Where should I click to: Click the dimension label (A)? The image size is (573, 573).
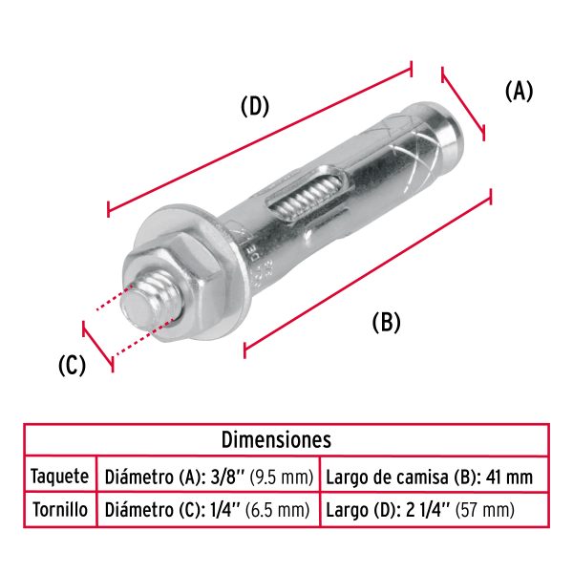[518, 91]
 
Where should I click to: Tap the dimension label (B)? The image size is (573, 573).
[386, 322]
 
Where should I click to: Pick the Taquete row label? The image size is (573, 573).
[60, 476]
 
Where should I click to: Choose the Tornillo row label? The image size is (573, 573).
[60, 509]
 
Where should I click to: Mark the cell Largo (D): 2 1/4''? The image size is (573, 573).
[420, 509]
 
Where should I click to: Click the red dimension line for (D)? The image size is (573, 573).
[258, 138]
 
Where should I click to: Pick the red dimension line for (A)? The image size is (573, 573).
[464, 103]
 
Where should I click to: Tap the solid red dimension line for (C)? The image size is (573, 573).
[98, 346]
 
